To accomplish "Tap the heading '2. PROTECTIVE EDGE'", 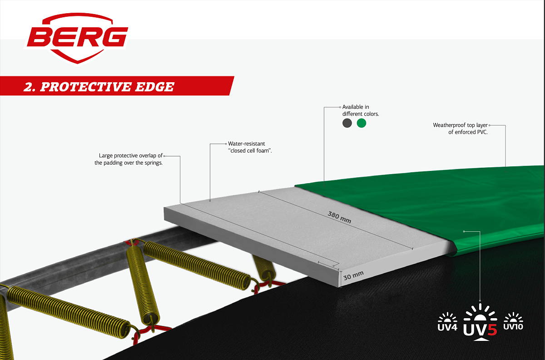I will pyautogui.click(x=99, y=86).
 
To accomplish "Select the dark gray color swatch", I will pyautogui.click(x=347, y=123).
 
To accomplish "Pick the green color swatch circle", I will pyautogui.click(x=362, y=123).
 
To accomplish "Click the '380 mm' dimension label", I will pyautogui.click(x=340, y=217).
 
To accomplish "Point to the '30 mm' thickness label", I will pyautogui.click(x=354, y=274).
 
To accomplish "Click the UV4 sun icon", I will pyautogui.click(x=447, y=321).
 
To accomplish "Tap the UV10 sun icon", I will pyautogui.click(x=514, y=321).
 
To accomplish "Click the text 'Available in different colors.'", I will pyautogui.click(x=360, y=110).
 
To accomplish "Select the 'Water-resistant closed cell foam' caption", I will pyautogui.click(x=249, y=147).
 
